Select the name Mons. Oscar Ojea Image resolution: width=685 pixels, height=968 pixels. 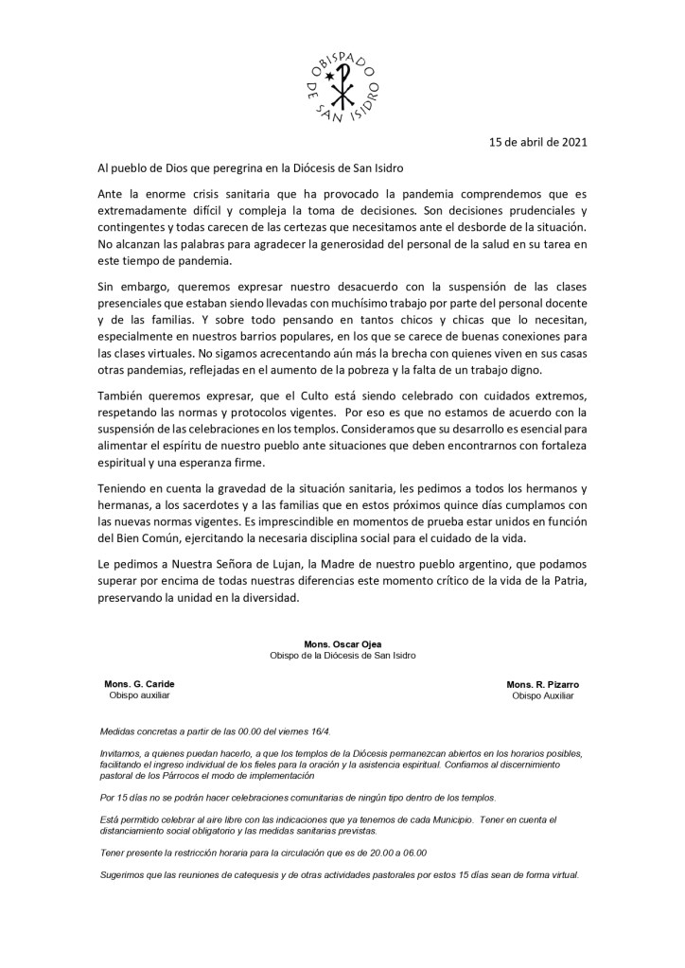pos(342,643)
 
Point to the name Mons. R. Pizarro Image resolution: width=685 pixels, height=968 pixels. pos(542,683)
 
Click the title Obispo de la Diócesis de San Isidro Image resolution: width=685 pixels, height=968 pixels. pos(342,655)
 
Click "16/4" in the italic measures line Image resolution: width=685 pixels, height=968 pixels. pos(319,731)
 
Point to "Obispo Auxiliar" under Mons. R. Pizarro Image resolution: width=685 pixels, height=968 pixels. pos(542,695)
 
